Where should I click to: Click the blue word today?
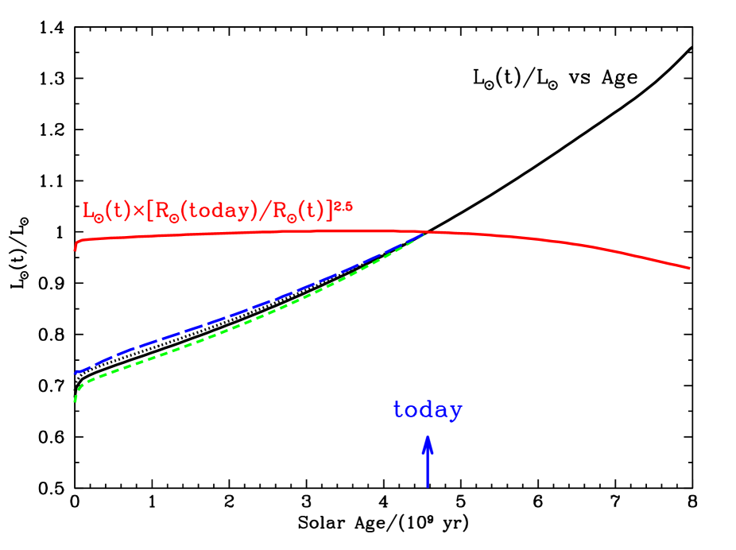428,410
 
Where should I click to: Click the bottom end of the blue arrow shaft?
428,486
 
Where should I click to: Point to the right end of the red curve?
689,268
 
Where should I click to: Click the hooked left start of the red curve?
76,248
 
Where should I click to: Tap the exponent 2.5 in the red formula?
343,206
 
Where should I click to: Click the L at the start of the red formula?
87,211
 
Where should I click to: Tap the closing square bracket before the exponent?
331,212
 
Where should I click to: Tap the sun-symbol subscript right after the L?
98,216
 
